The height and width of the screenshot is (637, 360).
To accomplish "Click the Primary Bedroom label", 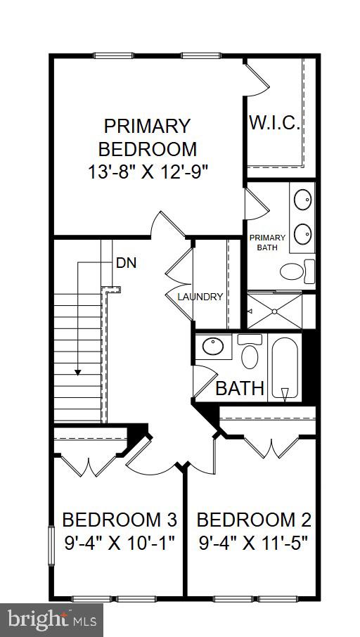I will [x=147, y=138].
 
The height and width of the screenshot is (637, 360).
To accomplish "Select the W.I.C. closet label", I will [x=274, y=124].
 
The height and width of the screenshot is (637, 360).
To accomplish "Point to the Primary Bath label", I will [x=263, y=242].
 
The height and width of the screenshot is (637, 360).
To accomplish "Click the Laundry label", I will [x=200, y=297].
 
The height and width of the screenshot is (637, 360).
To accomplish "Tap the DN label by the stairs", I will [x=126, y=264].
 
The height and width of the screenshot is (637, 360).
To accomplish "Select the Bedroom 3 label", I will [x=119, y=520].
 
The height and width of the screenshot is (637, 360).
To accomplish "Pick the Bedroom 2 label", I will [x=253, y=520].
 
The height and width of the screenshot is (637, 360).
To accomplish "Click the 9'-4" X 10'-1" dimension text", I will [x=119, y=543].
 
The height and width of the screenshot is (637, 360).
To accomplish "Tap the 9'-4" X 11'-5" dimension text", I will [x=253, y=543].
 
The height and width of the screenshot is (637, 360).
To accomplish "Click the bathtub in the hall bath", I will [x=285, y=369].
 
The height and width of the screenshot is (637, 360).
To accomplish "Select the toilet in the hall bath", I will [x=250, y=354].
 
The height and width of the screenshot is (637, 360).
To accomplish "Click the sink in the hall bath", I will [x=212, y=347].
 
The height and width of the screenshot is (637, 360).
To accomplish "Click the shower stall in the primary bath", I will [x=274, y=310].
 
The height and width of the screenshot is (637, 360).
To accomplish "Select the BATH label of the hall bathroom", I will [x=240, y=387].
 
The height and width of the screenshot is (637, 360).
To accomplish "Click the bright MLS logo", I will [x=52, y=619].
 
